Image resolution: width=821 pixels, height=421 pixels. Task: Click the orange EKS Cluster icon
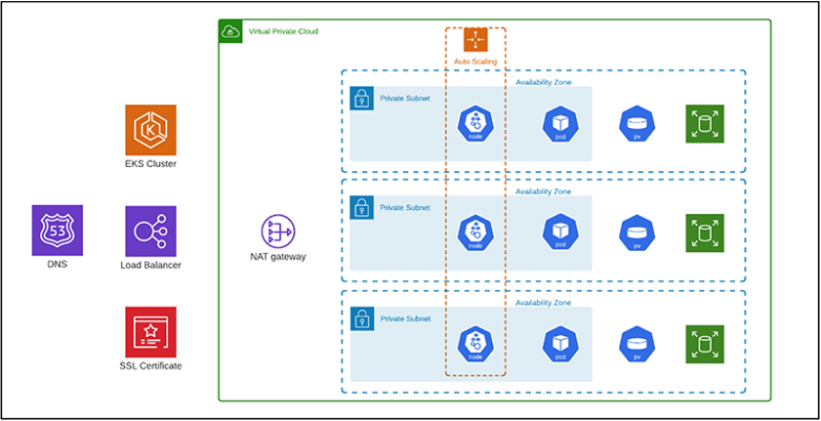click(x=150, y=129)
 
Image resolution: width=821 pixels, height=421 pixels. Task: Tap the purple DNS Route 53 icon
click(x=57, y=231)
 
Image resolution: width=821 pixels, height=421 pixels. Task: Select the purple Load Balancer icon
click(x=150, y=231)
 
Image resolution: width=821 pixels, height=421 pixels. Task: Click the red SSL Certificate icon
click(x=150, y=332)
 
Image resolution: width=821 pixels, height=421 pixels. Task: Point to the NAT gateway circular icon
click(x=277, y=232)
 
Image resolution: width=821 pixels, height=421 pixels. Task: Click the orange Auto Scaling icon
click(x=475, y=40)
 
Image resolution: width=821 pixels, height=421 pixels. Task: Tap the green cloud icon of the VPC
click(x=230, y=31)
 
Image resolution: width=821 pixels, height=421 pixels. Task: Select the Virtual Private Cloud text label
click(x=284, y=31)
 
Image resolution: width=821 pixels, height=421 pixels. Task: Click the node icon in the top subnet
click(x=475, y=124)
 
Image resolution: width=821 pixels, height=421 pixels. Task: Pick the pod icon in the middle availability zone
click(x=560, y=232)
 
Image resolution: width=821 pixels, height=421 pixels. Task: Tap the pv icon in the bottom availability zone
click(x=636, y=343)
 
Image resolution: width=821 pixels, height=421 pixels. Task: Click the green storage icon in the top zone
click(x=702, y=123)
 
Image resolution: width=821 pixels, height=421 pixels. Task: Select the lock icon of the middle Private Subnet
click(x=361, y=208)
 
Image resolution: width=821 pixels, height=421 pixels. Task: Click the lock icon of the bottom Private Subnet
click(x=361, y=318)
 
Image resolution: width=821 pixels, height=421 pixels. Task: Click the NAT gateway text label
click(x=278, y=258)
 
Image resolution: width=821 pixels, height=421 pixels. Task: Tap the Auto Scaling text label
click(x=475, y=62)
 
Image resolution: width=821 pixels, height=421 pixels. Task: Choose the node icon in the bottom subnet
click(x=475, y=343)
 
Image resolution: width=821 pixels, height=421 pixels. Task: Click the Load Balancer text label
click(x=150, y=265)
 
